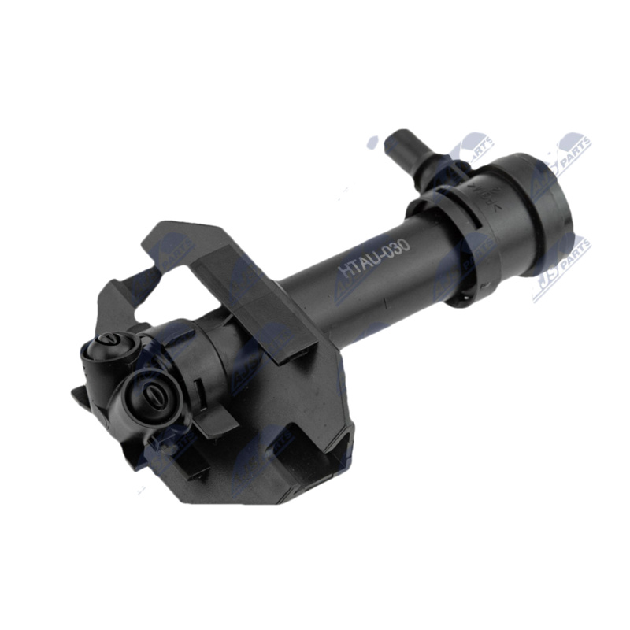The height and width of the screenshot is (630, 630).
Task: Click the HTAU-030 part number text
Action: tap(374, 258)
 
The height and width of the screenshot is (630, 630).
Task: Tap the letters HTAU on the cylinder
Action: tap(357, 265)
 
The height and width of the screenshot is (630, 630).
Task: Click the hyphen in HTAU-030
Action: tap(380, 257)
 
